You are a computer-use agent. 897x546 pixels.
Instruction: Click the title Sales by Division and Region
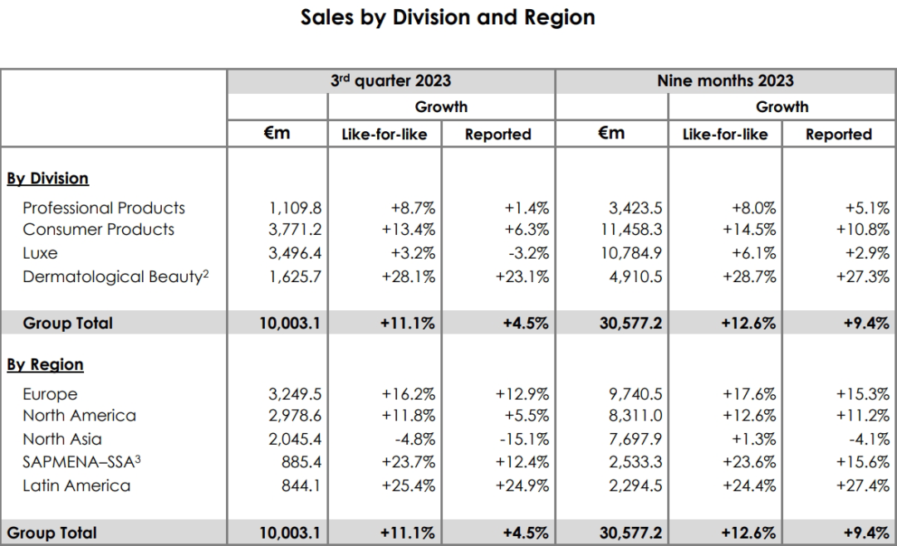[x=448, y=17]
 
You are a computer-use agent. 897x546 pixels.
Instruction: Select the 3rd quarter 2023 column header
[x=390, y=80]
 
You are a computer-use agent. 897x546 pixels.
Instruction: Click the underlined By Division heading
[x=47, y=178]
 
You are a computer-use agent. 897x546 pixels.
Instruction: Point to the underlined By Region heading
[x=45, y=365]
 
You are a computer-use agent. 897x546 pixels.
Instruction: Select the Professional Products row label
[x=104, y=207]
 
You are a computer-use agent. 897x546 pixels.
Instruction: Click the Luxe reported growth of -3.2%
[x=525, y=252]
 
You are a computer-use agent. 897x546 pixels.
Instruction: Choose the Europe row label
[x=50, y=394]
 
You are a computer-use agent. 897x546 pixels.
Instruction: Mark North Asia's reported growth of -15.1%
[x=522, y=439]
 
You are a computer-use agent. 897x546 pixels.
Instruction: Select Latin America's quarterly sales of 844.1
[x=297, y=485]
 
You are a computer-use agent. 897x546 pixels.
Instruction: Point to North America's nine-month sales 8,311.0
[x=634, y=416]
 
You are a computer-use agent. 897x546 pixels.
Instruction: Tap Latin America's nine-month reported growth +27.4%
[x=863, y=485]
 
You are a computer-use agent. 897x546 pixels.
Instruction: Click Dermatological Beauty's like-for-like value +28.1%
[x=409, y=277]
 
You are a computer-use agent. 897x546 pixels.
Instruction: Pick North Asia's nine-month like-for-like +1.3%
[x=753, y=439]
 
